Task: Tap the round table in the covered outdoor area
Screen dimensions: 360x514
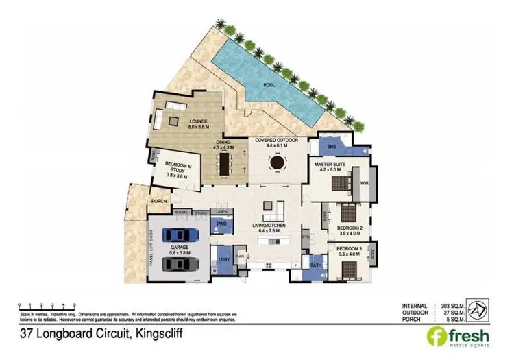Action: click(276, 163)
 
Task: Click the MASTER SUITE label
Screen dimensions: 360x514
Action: click(329, 165)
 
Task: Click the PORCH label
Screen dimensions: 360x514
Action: click(159, 201)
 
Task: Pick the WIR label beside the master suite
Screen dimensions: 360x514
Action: click(365, 184)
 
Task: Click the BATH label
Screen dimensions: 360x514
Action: click(316, 265)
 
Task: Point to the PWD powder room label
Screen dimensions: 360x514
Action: click(221, 224)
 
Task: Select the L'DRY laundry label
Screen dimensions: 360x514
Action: click(223, 259)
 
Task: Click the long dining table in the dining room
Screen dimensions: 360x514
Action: click(223, 163)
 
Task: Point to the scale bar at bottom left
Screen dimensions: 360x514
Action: click(44, 303)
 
